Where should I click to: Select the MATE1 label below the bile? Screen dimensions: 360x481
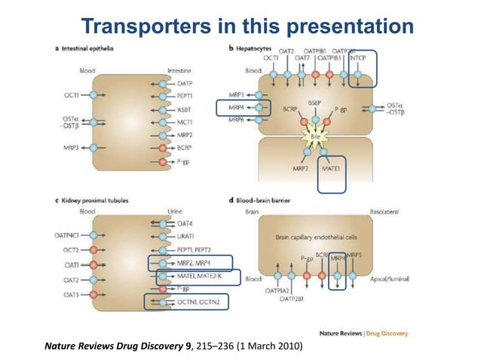pyautogui.click(x=331, y=168)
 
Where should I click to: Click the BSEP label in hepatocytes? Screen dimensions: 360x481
pyautogui.click(x=314, y=102)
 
